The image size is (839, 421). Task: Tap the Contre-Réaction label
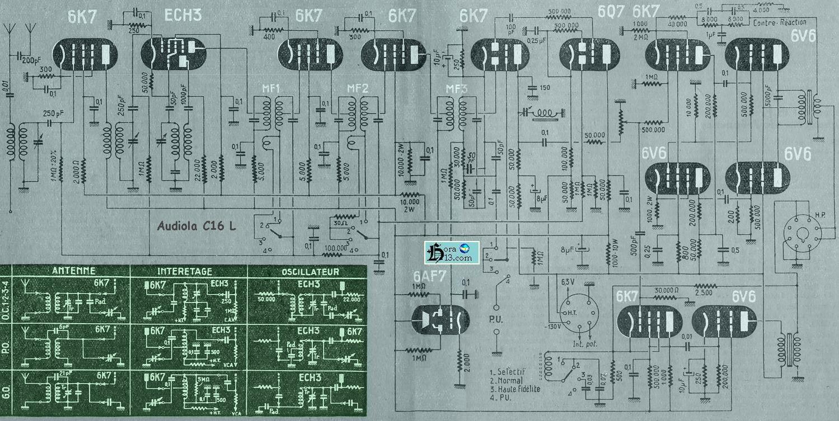[x=779, y=22]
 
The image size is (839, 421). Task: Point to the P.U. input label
[x=496, y=321]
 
